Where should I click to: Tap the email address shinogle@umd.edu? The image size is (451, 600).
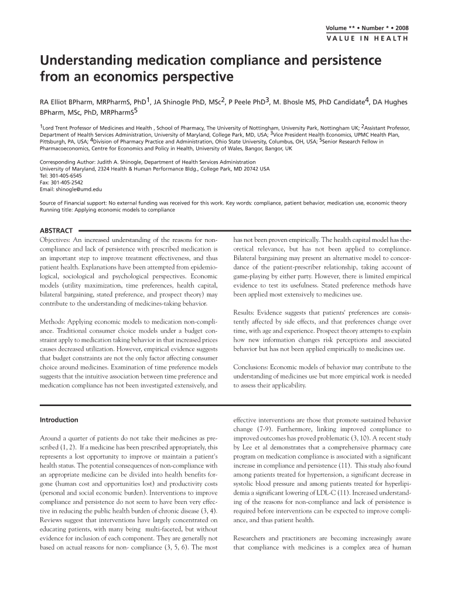79,190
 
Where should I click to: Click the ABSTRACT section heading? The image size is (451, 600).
56,231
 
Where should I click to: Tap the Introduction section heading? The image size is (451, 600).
59,420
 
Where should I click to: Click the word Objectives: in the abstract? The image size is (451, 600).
56,240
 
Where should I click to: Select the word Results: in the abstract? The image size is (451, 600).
247,312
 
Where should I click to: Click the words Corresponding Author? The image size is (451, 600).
67,162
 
